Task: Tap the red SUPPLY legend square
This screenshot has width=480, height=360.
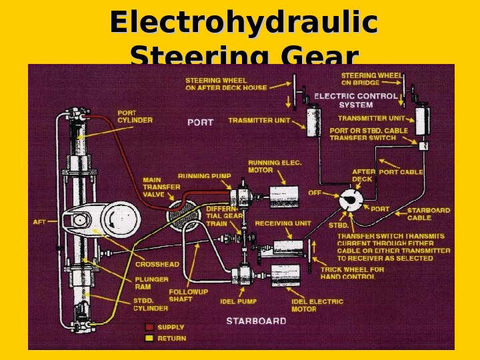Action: point(149,327)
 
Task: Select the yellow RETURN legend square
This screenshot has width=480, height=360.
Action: point(149,338)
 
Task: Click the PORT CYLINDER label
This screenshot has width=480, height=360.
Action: point(135,117)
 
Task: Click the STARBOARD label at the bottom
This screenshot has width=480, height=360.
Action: point(256,321)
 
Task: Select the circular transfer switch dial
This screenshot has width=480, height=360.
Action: point(352,200)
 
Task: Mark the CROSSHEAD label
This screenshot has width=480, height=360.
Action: point(157,264)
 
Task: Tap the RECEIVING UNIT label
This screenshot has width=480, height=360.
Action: point(283,223)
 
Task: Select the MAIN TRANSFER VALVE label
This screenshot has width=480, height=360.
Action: point(161,187)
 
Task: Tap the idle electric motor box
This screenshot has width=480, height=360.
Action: point(287,275)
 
